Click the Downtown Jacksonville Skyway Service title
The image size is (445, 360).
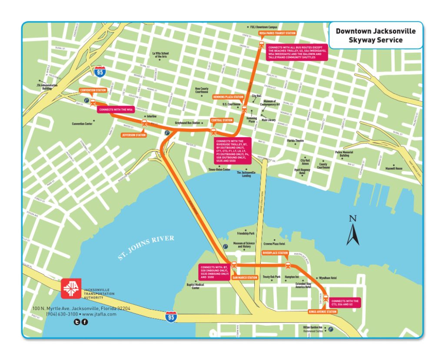click(375, 36)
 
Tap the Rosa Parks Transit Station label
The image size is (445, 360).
click(277, 33)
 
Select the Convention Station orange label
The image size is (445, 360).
click(93, 90)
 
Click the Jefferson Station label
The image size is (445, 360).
click(133, 135)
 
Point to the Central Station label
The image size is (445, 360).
click(222, 120)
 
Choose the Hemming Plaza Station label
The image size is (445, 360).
click(228, 97)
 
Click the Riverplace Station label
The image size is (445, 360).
click(275, 253)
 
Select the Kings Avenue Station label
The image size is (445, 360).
click(322, 312)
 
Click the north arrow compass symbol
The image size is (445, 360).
click(353, 231)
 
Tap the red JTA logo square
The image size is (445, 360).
click(70, 288)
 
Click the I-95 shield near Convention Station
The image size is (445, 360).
click(100, 72)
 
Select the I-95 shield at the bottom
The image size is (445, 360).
click(171, 318)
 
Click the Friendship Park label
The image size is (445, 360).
click(246, 234)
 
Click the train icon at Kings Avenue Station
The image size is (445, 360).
click(325, 298)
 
